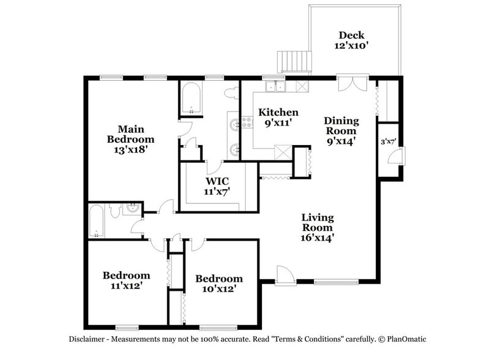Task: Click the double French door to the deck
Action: coord(353,84)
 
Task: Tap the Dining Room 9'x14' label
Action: coord(341,131)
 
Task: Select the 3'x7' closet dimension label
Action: coord(389,142)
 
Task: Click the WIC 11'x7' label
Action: coord(217,186)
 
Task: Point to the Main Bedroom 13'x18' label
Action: coord(127,139)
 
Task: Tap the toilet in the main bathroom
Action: coord(231,93)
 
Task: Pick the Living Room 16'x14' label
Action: coord(317,228)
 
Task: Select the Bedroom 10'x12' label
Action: coord(219,283)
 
